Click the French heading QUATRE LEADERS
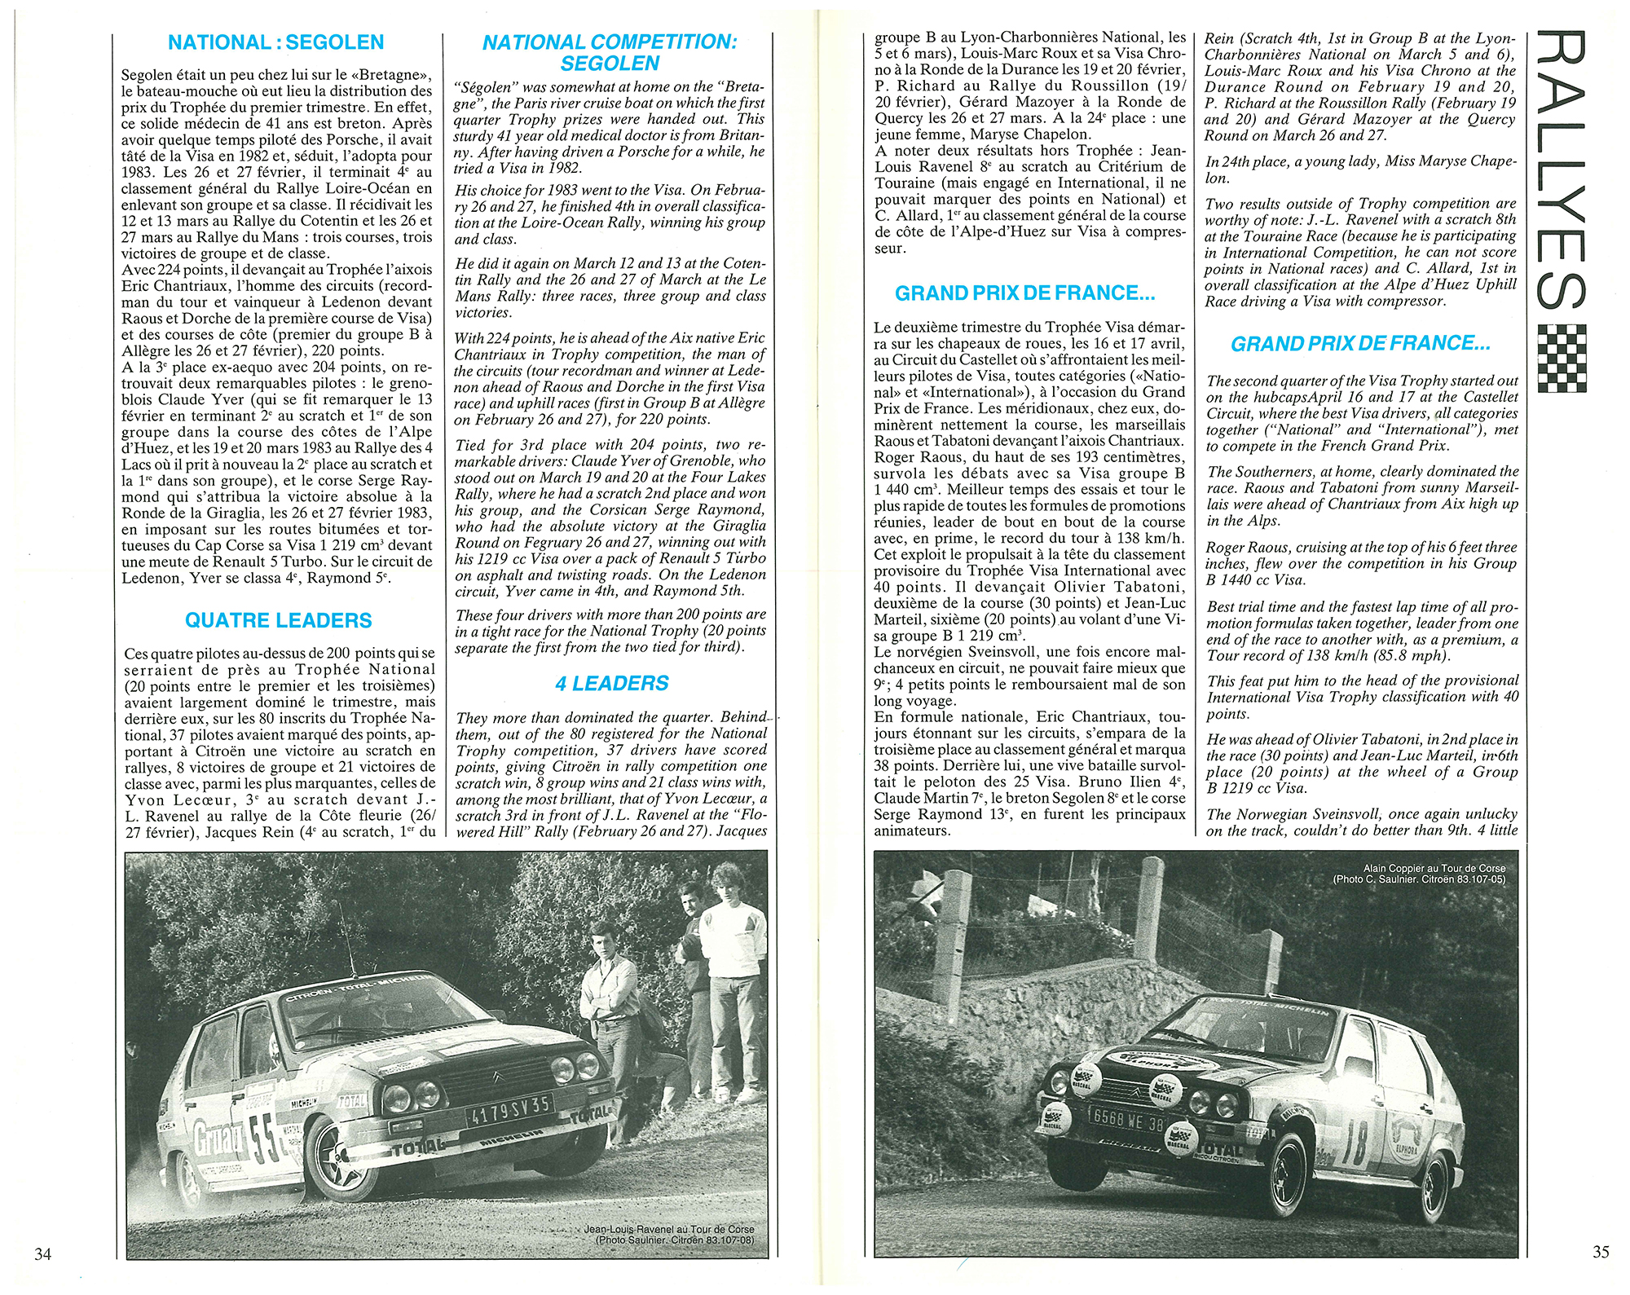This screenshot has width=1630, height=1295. point(278,621)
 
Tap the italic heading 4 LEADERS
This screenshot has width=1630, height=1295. point(611,684)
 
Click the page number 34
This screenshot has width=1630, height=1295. point(42,1253)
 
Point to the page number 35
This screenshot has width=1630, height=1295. point(1601,1251)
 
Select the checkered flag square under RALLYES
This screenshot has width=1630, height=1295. point(1561,358)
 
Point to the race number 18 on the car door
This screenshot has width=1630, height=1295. point(1354,1143)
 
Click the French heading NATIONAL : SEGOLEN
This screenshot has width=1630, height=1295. point(275,42)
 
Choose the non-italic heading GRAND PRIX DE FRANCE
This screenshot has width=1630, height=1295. point(1024,293)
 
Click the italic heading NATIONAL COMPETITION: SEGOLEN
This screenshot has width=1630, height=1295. point(610,53)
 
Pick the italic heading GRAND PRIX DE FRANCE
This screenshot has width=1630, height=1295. point(1360,344)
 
